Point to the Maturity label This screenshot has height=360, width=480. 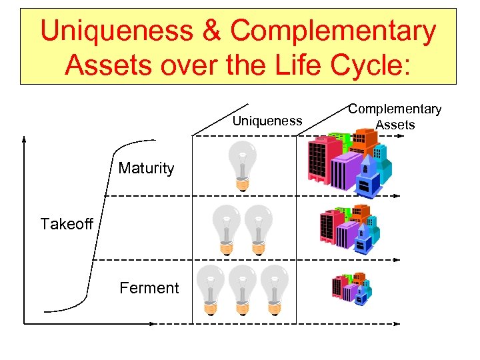[x=146, y=168]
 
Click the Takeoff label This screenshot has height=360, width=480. [x=66, y=224]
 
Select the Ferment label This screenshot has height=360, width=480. [x=149, y=288]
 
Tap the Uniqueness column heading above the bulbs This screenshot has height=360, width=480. [x=267, y=121]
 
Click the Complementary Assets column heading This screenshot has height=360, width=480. [x=395, y=117]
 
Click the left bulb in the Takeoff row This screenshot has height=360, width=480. [x=225, y=229]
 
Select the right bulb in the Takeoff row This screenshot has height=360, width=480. [x=256, y=229]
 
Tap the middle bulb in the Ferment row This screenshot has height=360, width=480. [x=242, y=289]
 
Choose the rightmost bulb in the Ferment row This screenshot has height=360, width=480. [x=273, y=289]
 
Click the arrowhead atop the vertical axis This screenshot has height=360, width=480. [x=24, y=140]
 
